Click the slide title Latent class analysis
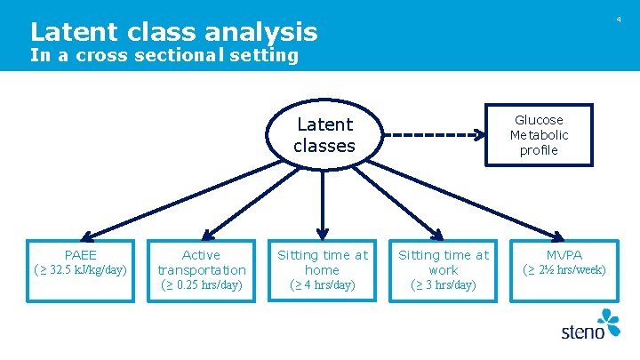[173, 32]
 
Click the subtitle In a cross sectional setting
[164, 55]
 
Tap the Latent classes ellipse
[324, 135]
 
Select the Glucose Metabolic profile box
[539, 134]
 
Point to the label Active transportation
[202, 262]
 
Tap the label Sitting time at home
[322, 262]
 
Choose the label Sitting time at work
[443, 262]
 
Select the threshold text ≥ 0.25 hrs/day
[202, 285]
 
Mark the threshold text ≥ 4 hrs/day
[322, 285]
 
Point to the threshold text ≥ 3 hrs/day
[443, 285]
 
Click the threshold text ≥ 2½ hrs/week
[564, 270]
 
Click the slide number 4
[619, 20]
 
